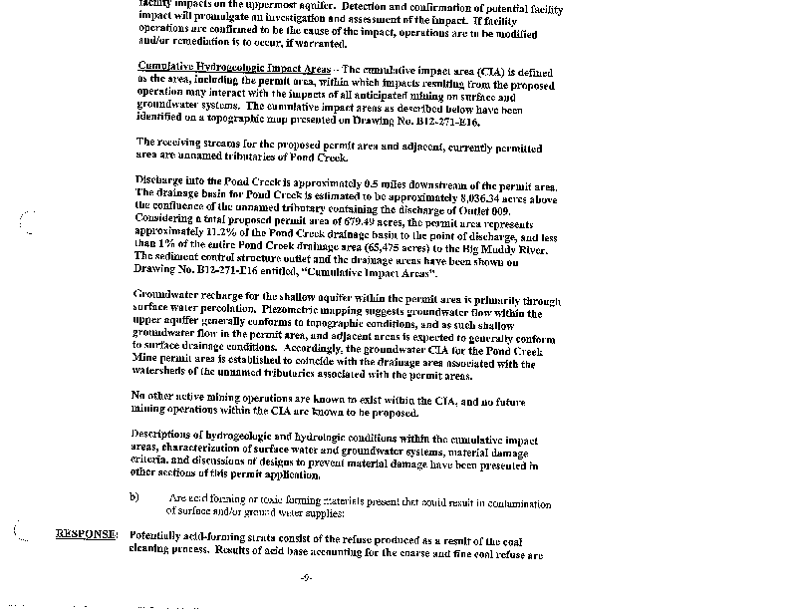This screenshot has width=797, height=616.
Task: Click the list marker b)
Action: tap(134, 497)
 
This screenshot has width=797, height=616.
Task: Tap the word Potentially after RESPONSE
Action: tap(162, 535)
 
